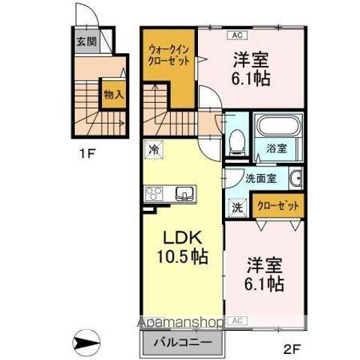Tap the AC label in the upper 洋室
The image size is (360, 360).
coord(236,34)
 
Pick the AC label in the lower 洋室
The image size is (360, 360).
coord(237,320)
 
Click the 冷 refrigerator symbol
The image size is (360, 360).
coord(154,150)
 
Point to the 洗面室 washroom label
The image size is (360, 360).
coord(260,178)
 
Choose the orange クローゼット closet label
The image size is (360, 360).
coord(277,205)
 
